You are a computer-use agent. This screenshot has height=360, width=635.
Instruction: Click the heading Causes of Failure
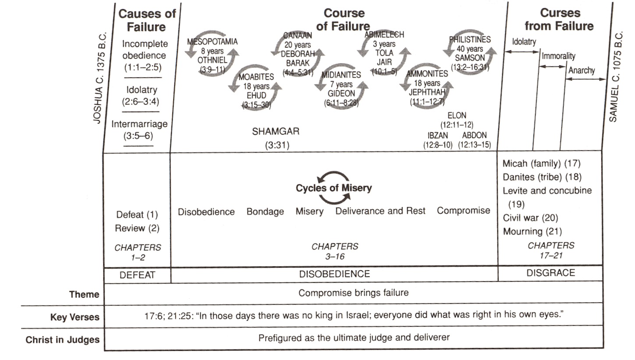click(x=147, y=20)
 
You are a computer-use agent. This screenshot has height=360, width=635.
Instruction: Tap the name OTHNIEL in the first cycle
click(x=213, y=60)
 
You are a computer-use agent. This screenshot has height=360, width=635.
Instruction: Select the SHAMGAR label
click(x=276, y=132)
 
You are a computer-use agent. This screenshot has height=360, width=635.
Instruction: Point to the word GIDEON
click(x=341, y=93)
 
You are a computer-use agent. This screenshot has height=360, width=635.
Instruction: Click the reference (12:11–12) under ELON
click(x=457, y=125)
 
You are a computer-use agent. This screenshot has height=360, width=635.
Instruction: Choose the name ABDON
click(x=474, y=135)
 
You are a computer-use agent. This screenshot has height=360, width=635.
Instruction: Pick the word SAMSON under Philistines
click(x=470, y=58)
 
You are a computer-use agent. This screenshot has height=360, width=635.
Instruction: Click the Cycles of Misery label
click(x=333, y=188)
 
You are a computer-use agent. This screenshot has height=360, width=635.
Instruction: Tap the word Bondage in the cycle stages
click(x=265, y=211)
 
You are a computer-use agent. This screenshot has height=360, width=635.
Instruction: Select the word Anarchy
click(x=582, y=70)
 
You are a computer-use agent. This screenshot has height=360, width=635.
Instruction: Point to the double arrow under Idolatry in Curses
click(x=522, y=52)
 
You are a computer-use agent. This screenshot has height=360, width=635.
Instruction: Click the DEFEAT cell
click(x=137, y=275)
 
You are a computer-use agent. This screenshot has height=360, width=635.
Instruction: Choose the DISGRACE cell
click(x=550, y=273)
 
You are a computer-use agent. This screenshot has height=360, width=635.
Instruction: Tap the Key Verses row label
click(x=74, y=317)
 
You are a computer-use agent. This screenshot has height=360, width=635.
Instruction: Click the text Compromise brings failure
click(x=353, y=292)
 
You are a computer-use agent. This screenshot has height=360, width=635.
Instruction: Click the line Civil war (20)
click(x=530, y=218)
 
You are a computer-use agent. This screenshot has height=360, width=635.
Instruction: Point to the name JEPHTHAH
click(x=427, y=92)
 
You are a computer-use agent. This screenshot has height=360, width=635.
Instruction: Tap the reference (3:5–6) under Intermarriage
click(x=138, y=136)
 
